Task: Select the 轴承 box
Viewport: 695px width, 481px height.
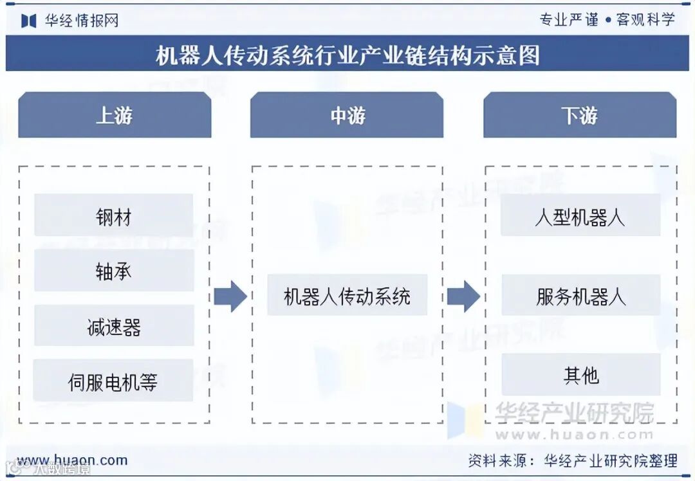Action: (x=113, y=271)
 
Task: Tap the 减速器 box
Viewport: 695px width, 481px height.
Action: (x=113, y=326)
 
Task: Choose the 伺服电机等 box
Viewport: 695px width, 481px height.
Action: (x=113, y=381)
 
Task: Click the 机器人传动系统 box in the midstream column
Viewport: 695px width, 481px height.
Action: (x=347, y=295)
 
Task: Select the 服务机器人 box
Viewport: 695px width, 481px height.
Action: (x=580, y=295)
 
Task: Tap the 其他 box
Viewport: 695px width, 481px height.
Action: (x=580, y=375)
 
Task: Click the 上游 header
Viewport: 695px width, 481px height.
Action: (x=115, y=115)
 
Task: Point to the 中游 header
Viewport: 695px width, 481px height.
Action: (x=347, y=115)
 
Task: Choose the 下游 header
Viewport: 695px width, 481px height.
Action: (x=580, y=115)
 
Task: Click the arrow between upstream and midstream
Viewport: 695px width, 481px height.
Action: (x=230, y=296)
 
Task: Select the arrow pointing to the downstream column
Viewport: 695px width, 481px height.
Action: (x=463, y=296)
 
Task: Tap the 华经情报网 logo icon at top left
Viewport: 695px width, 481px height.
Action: (x=28, y=21)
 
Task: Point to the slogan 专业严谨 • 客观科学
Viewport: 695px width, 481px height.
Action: (x=607, y=19)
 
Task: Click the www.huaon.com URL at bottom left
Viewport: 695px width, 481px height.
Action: (x=72, y=460)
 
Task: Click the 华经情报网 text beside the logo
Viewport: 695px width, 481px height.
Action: (x=82, y=21)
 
